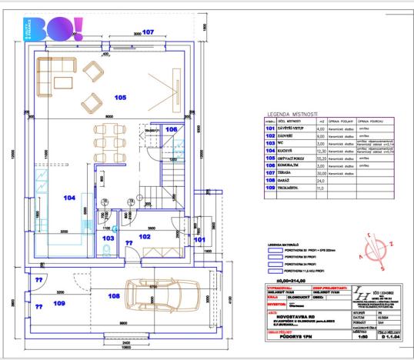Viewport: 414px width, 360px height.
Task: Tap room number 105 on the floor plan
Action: pyautogui.click(x=120, y=98)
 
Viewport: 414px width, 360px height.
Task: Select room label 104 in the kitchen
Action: pyautogui.click(x=70, y=198)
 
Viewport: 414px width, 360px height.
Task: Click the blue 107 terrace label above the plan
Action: pyautogui.click(x=149, y=32)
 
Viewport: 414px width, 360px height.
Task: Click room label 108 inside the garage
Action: pyautogui.click(x=113, y=295)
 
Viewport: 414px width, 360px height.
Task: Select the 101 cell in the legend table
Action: pyautogui.click(x=269, y=131)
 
